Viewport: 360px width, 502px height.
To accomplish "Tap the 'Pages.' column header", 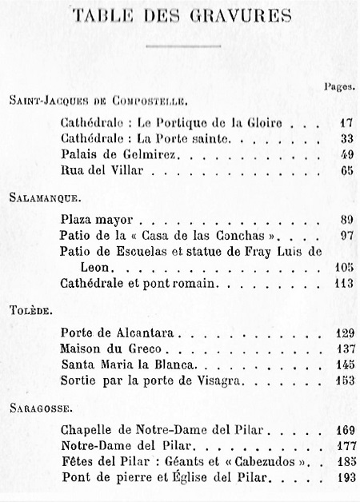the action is tap(342, 85).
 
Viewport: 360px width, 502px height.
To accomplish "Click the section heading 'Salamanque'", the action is tap(42, 195).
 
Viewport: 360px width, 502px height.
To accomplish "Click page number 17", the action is tap(345, 125).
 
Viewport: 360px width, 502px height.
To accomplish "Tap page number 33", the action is tap(345, 140).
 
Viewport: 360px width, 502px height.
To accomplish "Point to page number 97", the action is tap(345, 236).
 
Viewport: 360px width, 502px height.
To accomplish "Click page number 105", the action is tap(342, 267).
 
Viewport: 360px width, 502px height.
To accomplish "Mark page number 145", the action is tap(342, 364).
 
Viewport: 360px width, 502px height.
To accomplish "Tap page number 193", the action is tap(342, 477).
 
